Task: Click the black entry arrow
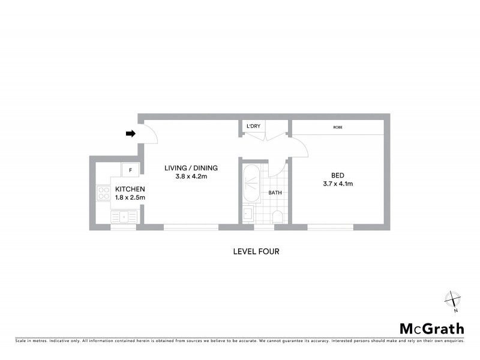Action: (130, 134)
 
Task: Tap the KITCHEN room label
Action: (130, 190)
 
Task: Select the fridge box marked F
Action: (130, 170)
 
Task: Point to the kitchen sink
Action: (125, 215)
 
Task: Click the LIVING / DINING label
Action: (191, 167)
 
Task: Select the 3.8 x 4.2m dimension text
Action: (191, 176)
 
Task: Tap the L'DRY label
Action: (253, 126)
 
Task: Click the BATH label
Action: (275, 193)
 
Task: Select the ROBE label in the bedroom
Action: (338, 127)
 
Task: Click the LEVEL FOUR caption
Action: (256, 251)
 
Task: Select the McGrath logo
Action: (431, 328)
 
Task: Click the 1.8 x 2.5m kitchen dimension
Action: (130, 198)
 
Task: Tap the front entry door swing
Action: (149, 136)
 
